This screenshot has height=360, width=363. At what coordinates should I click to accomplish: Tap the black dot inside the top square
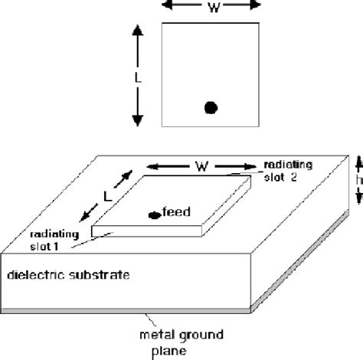coord(211,108)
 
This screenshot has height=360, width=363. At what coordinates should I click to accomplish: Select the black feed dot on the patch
coord(154,215)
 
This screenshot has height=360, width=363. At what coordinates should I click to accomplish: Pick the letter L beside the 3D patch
coord(108,195)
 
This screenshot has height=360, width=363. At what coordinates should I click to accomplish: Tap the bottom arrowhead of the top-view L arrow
coord(138,121)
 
